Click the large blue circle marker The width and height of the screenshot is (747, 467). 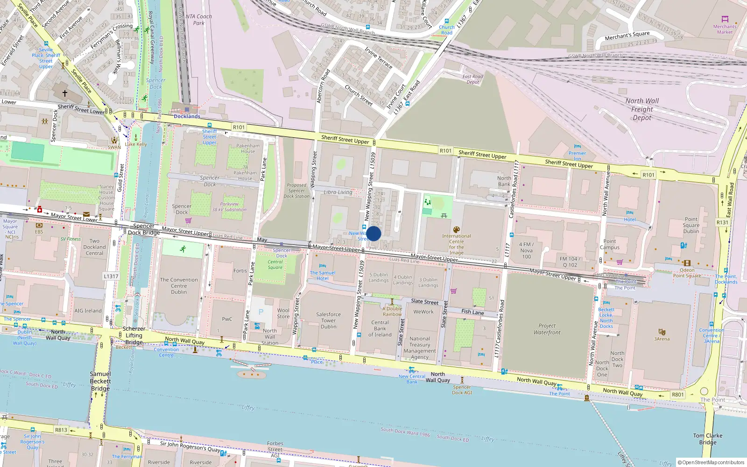[373, 233]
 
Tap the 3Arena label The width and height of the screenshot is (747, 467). [662, 339]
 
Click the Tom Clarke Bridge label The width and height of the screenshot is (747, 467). [707, 439]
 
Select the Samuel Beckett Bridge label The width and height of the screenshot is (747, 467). [100, 381]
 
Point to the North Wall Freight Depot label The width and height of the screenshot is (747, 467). [642, 109]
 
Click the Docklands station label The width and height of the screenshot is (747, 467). [187, 116]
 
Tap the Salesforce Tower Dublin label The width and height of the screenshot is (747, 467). [328, 320]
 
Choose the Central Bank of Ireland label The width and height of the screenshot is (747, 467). [380, 328]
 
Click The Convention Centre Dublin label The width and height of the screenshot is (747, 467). [179, 286]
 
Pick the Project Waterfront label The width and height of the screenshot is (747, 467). [547, 329]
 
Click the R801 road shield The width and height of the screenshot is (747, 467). [677, 395]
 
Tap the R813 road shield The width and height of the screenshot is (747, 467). [61, 430]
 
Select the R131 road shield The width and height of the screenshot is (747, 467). [722, 222]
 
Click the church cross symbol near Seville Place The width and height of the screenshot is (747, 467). [65, 93]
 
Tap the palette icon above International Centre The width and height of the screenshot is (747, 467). [456, 229]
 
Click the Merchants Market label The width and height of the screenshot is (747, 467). [725, 29]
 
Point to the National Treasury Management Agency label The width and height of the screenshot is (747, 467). [420, 348]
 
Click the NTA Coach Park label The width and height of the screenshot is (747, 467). [198, 20]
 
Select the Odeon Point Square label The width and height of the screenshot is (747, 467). [687, 273]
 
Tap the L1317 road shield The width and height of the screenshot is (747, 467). [111, 276]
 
